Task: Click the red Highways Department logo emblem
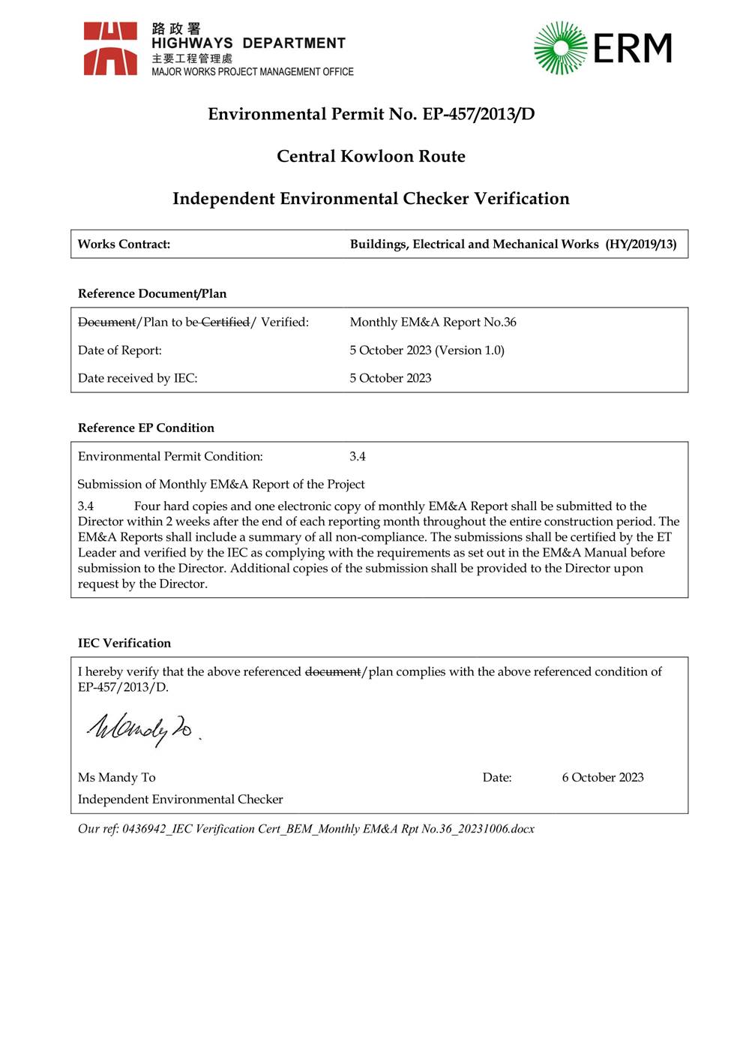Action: (110, 49)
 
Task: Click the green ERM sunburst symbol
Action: (560, 48)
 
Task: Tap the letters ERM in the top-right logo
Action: (632, 49)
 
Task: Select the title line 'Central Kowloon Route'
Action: (371, 156)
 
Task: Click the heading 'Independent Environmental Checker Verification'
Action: (371, 199)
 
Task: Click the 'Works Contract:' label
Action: (124, 244)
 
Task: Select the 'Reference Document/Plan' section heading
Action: (152, 293)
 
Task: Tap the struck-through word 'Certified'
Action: (225, 322)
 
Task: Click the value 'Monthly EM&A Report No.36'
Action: (433, 322)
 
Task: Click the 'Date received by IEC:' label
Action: (138, 378)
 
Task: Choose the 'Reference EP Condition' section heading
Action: (146, 428)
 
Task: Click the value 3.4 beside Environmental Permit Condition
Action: (358, 456)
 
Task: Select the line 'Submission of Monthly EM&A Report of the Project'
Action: (221, 484)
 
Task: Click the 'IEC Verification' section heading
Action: (124, 643)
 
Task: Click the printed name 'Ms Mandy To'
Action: (117, 777)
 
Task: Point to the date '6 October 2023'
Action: (603, 777)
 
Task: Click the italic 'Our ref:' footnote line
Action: (306, 829)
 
